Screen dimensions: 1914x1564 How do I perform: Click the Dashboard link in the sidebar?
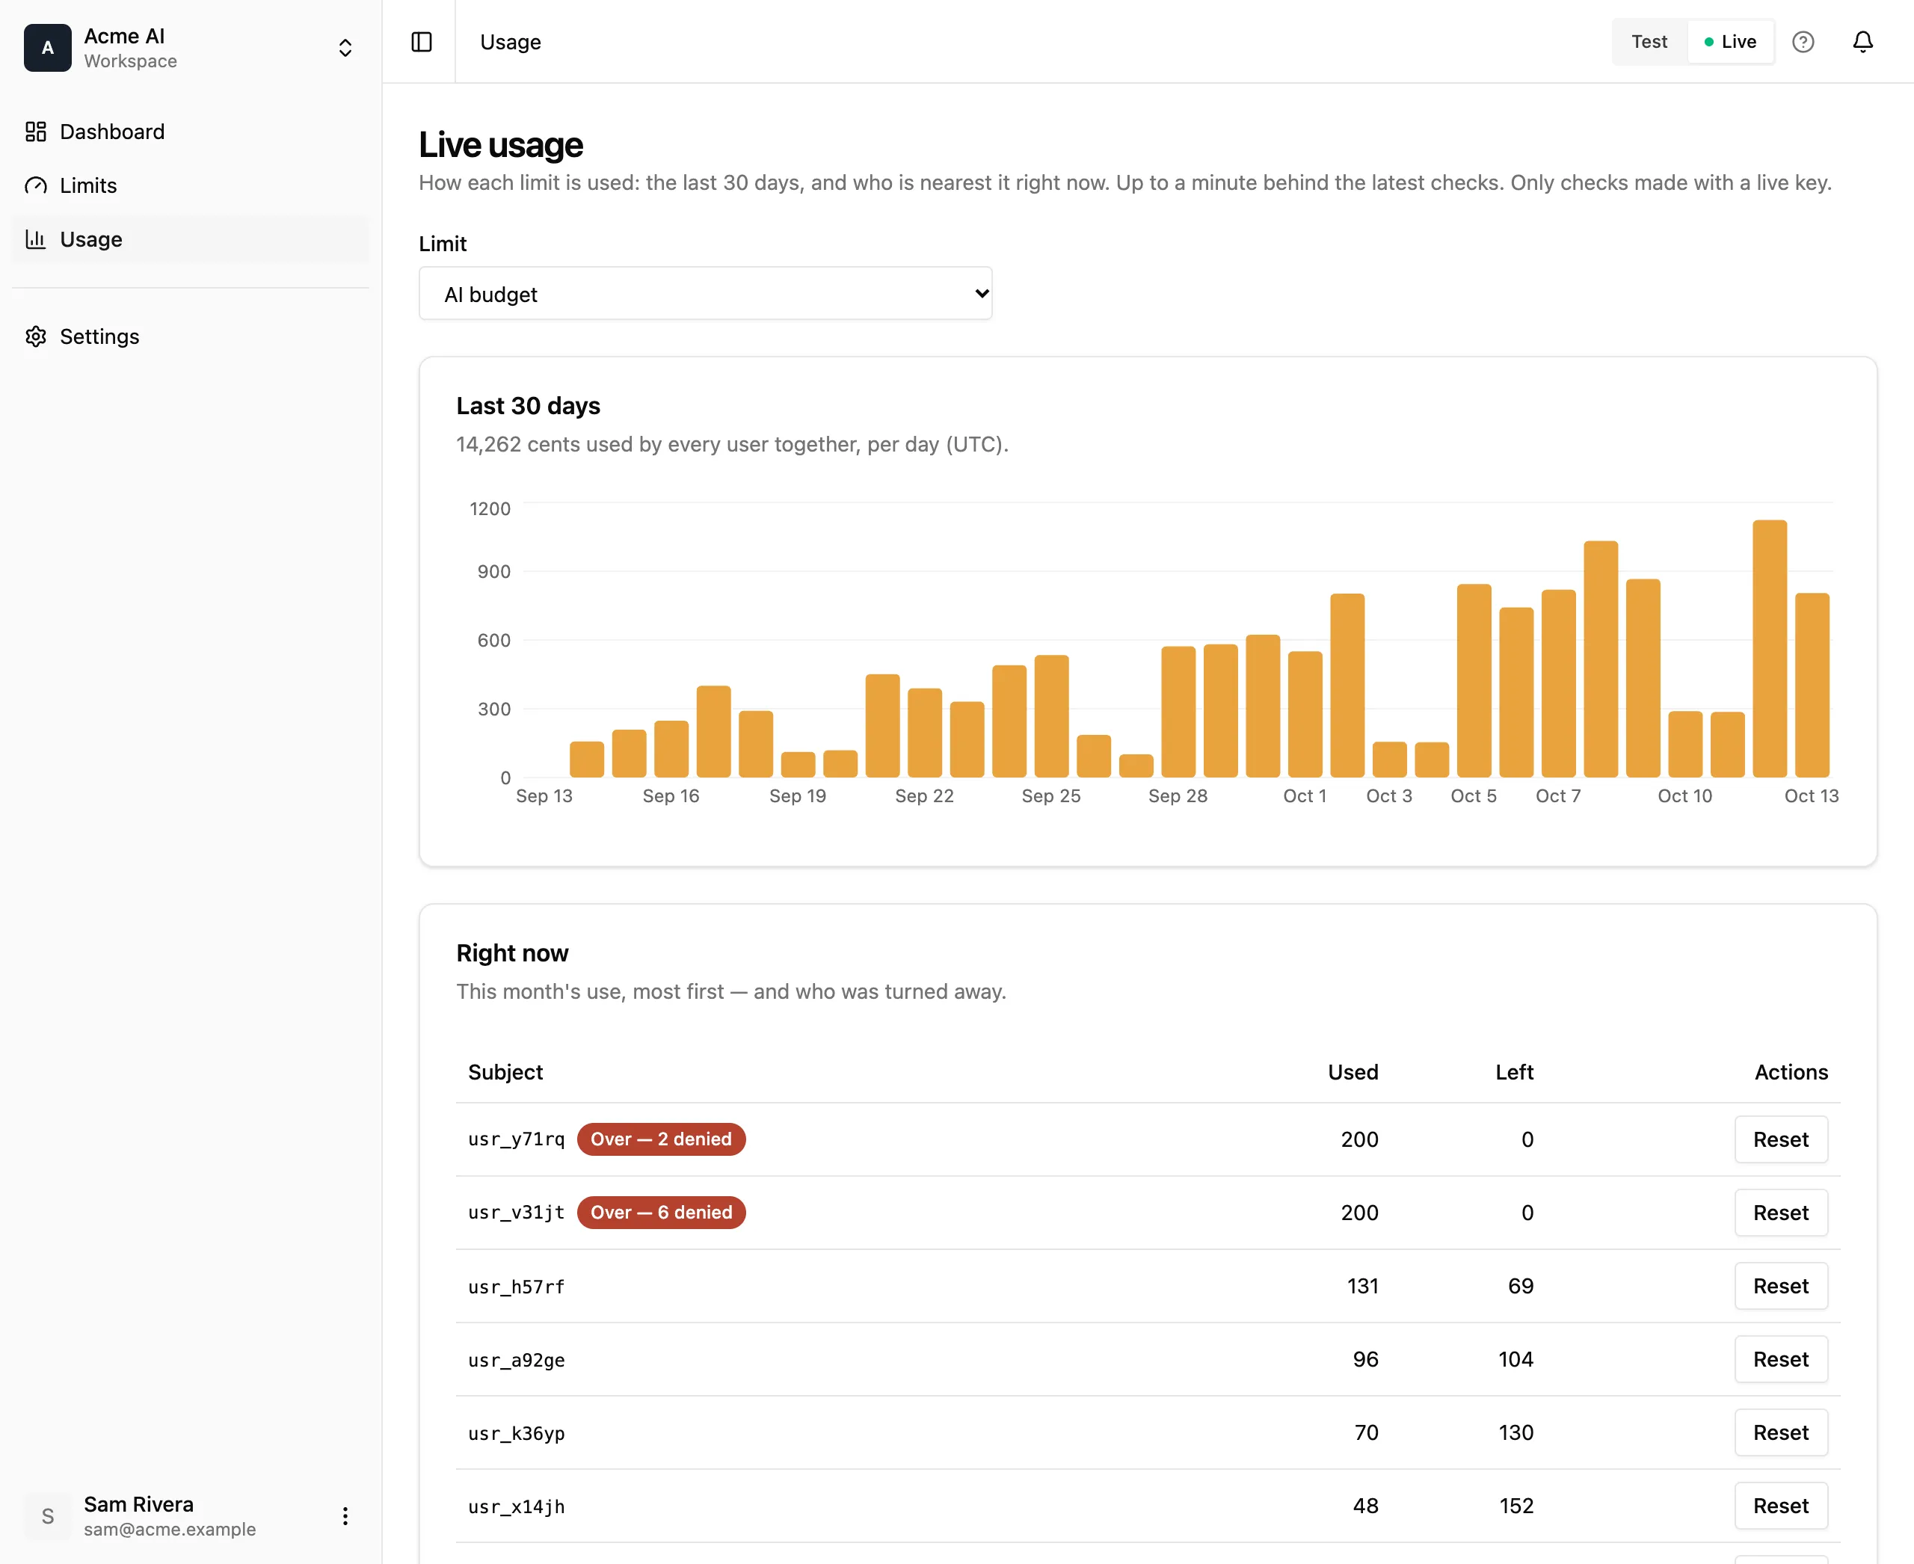[x=95, y=132]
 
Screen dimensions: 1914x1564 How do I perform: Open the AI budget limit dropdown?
[x=705, y=294]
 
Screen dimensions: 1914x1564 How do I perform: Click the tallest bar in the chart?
[x=1769, y=649]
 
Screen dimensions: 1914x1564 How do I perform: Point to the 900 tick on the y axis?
[x=493, y=571]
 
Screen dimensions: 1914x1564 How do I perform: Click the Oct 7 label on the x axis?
[x=1558, y=796]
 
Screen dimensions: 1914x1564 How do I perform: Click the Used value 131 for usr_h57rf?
[x=1361, y=1287]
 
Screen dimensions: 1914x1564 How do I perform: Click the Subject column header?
[x=505, y=1072]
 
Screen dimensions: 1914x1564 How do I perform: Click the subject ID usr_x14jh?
[x=517, y=1506]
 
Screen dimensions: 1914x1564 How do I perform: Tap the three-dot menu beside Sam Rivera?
[x=345, y=1516]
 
